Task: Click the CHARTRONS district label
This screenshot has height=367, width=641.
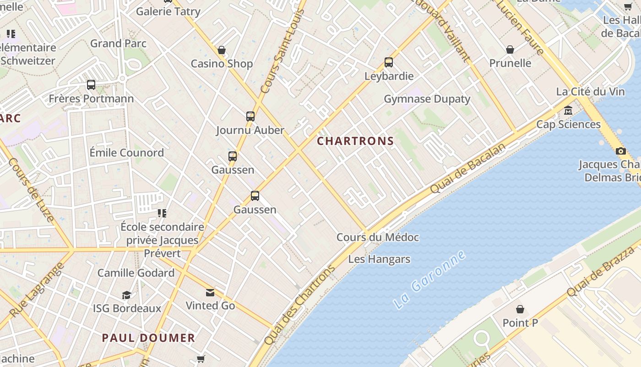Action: [x=355, y=141]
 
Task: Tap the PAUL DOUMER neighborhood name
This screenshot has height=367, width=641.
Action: [x=148, y=338]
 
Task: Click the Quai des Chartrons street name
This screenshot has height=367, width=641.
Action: [x=300, y=306]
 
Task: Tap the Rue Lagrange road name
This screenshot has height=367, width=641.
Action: [x=36, y=290]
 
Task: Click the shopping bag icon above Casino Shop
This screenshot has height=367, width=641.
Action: [x=222, y=50]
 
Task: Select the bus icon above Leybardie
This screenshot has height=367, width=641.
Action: [x=389, y=62]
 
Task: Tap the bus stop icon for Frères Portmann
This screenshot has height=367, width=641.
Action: [x=91, y=85]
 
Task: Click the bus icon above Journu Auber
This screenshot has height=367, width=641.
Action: [x=250, y=117]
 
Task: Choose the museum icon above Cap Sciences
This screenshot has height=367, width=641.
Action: [x=568, y=111]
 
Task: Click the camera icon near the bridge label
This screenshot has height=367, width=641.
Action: [x=620, y=151]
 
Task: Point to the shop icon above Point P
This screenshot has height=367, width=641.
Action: [x=520, y=309]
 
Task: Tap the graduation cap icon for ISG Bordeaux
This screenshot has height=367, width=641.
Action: [x=127, y=295]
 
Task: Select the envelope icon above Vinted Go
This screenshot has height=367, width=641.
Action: [x=210, y=292]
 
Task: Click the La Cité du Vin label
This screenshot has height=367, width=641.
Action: [x=590, y=92]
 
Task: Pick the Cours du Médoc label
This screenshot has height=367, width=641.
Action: [x=378, y=237]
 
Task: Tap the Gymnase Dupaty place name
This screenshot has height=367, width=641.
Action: [x=427, y=99]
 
